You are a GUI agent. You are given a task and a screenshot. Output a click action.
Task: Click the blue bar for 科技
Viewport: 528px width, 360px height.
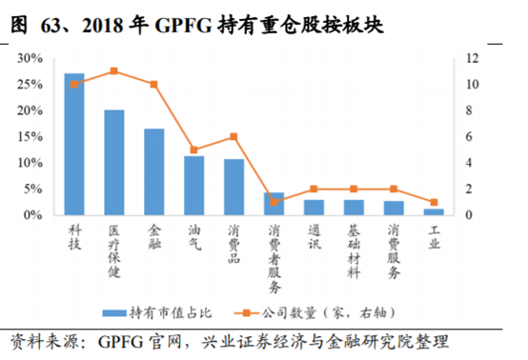(x=74, y=144)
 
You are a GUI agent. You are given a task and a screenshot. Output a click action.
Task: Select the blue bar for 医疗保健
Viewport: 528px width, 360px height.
(x=114, y=163)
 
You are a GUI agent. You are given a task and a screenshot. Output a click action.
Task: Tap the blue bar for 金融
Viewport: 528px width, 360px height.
(x=154, y=171)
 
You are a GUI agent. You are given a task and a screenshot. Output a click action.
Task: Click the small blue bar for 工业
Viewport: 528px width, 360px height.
(x=434, y=211)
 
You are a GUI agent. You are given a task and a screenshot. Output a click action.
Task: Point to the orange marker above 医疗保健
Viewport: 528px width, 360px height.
(x=114, y=71)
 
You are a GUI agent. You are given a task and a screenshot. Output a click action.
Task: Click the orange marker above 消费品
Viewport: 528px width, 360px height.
(x=234, y=136)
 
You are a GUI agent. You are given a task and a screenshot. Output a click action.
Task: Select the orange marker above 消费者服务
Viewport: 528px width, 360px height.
(x=274, y=202)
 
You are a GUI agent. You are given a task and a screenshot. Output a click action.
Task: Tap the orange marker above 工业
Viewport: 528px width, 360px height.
(x=434, y=202)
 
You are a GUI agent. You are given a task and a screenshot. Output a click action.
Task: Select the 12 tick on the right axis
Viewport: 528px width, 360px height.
(x=470, y=58)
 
